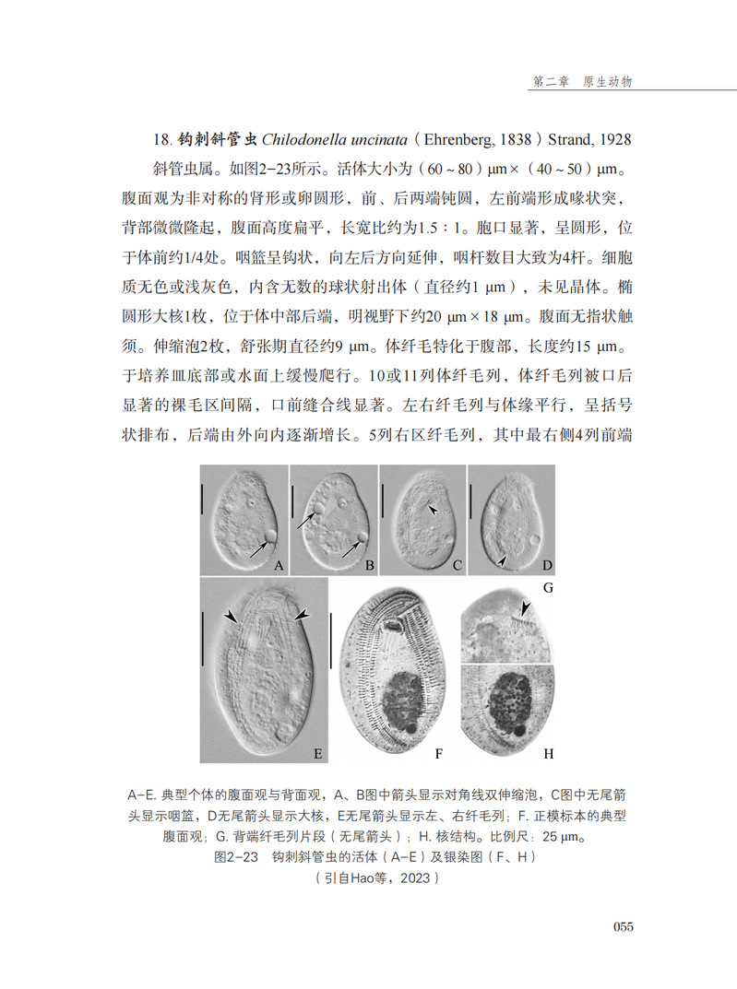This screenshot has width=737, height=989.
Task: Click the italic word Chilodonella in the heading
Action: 306,140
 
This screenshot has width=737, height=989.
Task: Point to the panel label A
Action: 276,564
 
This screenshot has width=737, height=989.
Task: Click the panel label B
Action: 366,564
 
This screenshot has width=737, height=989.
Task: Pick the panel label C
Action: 456,564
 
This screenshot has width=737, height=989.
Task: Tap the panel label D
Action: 546,564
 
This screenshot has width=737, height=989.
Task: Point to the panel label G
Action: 547,587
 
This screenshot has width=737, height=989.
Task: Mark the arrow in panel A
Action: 259,548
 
